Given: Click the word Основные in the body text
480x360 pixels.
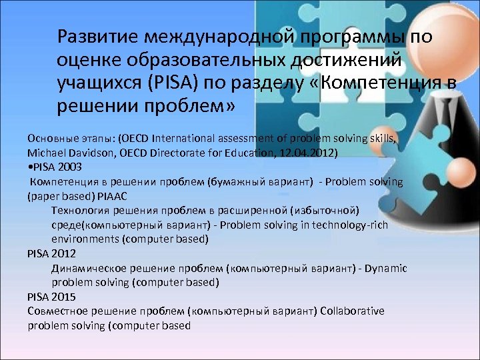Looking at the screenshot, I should (51, 139).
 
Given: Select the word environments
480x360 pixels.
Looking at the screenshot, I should (85, 239).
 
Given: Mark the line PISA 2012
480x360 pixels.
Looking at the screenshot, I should (52, 253).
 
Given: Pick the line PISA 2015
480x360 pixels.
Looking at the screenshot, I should (52, 297).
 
